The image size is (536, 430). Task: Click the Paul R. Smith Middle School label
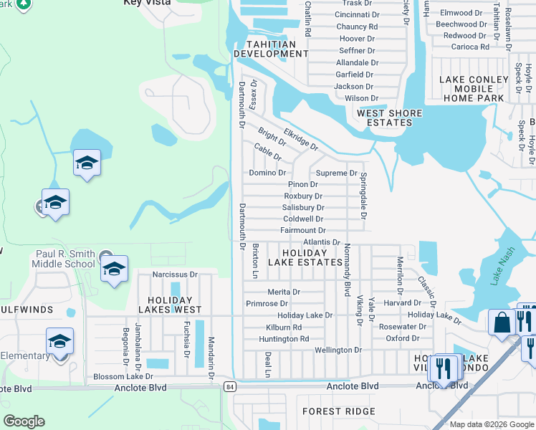point(65,259)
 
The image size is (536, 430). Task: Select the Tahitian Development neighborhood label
point(265,49)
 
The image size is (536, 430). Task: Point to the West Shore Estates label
point(385,118)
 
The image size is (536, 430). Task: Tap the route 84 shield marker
point(229,387)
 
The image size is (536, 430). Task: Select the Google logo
point(24,421)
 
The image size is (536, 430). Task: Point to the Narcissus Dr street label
point(175,274)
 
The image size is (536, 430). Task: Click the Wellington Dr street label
point(338,350)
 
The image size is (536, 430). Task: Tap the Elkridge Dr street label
point(301,139)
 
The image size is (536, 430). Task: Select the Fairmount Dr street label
point(303,231)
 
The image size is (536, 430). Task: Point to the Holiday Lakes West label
point(170,305)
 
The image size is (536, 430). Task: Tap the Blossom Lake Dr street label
point(123,376)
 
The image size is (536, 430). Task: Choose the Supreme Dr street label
point(336,173)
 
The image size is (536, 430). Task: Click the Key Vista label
point(147,3)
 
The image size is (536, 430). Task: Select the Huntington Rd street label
point(284,339)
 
